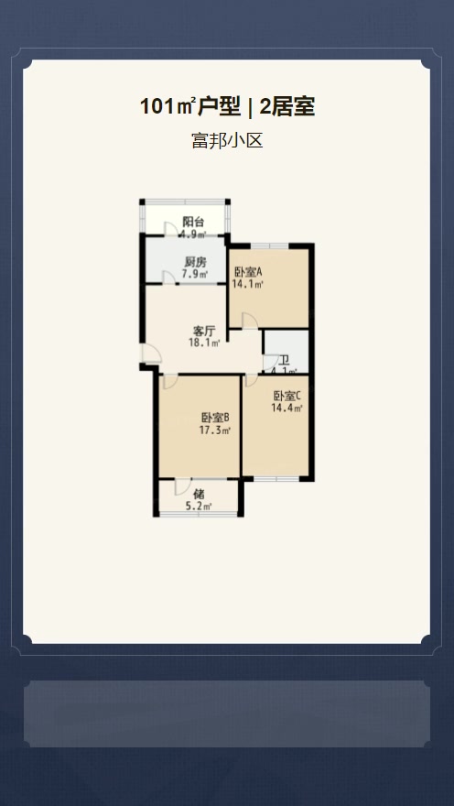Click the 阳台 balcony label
193,222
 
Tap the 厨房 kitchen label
193,262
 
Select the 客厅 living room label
204,331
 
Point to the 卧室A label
249,272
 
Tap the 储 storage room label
200,495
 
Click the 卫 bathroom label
284,360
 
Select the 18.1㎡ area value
204,343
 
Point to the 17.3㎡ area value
215,430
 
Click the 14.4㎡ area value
286,408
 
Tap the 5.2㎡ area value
200,506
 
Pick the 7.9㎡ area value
194,274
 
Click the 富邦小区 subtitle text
227,140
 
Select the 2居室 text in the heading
287,107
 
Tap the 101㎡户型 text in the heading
190,107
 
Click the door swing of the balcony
170,230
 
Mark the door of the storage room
182,486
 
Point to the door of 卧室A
250,321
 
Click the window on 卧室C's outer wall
276,479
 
